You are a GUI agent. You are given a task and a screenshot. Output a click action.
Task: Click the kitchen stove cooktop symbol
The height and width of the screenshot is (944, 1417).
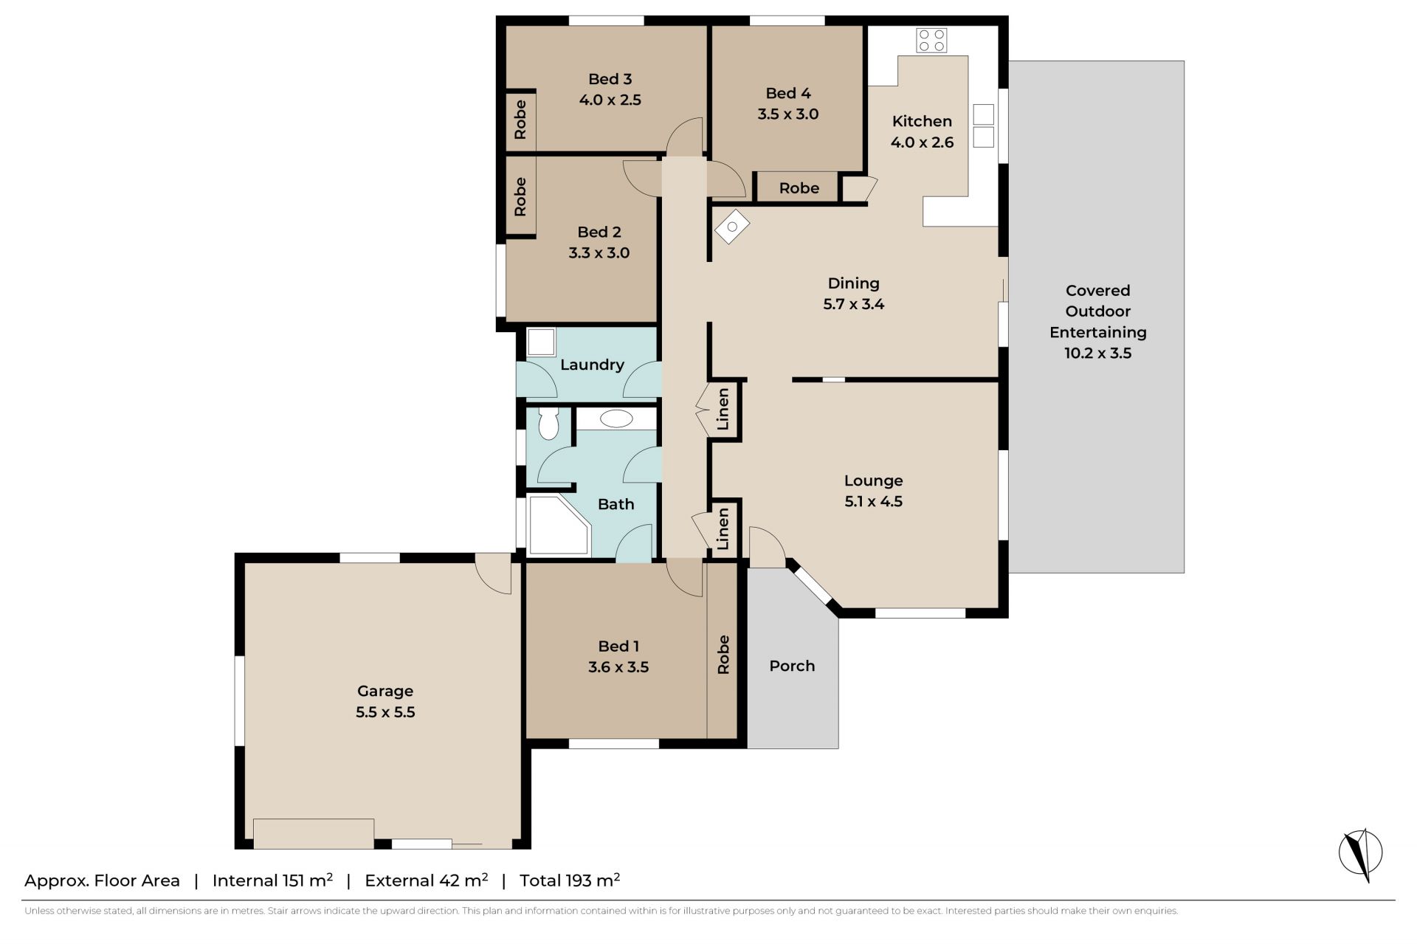click(x=931, y=41)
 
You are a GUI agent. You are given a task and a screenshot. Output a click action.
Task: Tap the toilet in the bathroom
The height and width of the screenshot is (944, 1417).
click(x=548, y=424)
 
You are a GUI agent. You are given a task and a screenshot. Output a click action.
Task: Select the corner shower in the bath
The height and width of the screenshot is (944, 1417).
click(x=559, y=526)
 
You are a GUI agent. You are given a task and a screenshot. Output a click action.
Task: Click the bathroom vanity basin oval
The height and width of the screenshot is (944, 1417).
click(x=616, y=419)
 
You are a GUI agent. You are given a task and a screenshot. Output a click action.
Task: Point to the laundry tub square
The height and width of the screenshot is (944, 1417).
click(x=541, y=342)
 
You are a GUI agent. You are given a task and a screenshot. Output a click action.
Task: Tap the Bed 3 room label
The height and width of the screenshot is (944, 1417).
click(x=610, y=79)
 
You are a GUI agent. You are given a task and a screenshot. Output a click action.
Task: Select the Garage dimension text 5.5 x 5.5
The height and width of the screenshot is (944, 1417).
click(x=385, y=712)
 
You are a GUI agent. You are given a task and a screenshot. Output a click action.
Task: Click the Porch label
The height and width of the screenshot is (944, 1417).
click(x=792, y=666)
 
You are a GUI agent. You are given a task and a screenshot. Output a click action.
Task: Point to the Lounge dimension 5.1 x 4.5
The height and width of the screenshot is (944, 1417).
click(x=874, y=501)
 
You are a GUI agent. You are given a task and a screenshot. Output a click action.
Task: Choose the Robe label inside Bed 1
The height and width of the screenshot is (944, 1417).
click(x=723, y=655)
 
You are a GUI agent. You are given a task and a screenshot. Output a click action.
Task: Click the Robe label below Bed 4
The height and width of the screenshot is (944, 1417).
click(x=799, y=188)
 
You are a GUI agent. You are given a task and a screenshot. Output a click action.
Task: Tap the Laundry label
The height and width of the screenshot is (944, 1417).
click(x=592, y=365)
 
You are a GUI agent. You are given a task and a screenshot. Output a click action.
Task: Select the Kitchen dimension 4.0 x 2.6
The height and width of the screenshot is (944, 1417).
click(x=922, y=142)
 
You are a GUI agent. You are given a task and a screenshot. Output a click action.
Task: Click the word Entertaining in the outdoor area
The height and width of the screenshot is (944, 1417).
click(x=1098, y=332)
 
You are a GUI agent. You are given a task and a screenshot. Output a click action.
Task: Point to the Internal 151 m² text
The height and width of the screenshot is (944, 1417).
click(x=272, y=880)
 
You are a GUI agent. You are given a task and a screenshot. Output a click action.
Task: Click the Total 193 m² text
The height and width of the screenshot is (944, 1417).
click(x=570, y=880)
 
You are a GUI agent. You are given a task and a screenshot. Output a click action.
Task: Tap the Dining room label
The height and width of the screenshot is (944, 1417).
click(x=853, y=283)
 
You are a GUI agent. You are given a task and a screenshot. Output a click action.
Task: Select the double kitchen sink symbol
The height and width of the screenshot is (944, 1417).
click(x=984, y=125)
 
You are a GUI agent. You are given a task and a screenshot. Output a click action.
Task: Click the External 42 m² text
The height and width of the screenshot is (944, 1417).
click(x=427, y=880)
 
